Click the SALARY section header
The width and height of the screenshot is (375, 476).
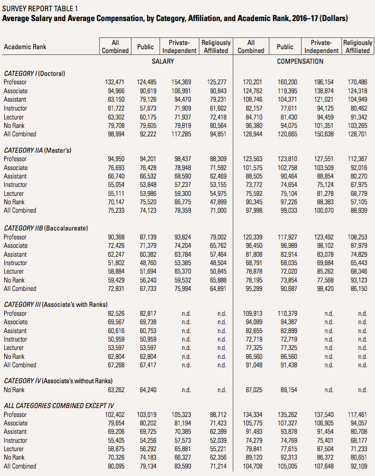pos(163,61)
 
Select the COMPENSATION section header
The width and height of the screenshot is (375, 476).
pos(300,61)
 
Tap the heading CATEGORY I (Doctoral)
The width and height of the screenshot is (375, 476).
pos(34,74)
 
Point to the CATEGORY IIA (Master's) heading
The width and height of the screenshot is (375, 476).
pos(37,150)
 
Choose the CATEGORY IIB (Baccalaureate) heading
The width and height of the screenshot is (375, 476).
pos(46,228)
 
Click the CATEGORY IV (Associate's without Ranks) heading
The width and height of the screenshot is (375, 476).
pos(58,381)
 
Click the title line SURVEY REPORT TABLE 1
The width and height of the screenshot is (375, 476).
pos(40,8)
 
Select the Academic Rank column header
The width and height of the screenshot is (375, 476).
pos(25,47)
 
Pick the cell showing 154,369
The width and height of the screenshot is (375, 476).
pos(181,82)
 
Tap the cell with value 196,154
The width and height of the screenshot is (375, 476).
pos(324,82)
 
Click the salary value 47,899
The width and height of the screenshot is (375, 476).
pos(218,202)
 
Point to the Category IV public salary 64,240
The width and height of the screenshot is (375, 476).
pos(148,390)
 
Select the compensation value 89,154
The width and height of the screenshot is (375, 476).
pos(289,390)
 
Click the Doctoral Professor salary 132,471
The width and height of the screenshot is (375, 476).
pos(115,82)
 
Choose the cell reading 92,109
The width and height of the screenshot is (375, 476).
pos(359,466)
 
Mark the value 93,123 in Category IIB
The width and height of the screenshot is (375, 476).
pos(359,280)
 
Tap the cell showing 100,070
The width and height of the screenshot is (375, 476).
pos(324,210)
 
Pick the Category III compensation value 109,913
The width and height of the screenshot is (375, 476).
pos(253,313)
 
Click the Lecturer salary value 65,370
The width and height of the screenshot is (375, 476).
pos(183,271)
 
